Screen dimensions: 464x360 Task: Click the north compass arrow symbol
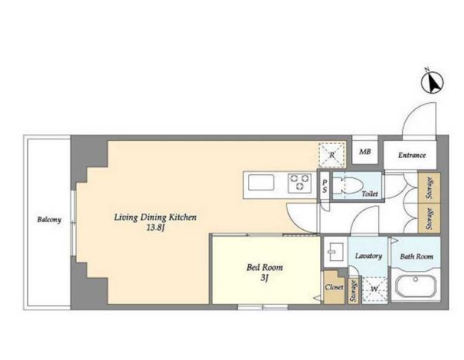[x=432, y=81]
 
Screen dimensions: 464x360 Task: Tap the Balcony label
[x=49, y=220]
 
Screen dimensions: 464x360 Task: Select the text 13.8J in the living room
[x=155, y=228]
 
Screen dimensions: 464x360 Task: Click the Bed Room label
[x=265, y=267]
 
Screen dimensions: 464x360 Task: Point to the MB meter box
[x=365, y=152]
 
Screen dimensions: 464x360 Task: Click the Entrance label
[x=411, y=155]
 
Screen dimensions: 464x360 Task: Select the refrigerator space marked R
[x=332, y=156]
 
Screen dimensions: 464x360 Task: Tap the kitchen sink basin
[x=261, y=183]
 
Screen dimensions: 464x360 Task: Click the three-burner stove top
[x=300, y=183]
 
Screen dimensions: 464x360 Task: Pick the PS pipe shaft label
[x=325, y=187]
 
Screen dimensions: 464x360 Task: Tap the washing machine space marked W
[x=374, y=290]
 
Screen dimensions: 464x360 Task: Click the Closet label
[x=334, y=287]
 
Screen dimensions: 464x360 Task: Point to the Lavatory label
[x=369, y=256]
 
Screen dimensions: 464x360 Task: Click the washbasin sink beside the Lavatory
[x=335, y=252]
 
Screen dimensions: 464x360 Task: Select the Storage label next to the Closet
[x=352, y=290]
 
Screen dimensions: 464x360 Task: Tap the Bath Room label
[x=416, y=256]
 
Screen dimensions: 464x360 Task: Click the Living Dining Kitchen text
[x=156, y=218]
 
